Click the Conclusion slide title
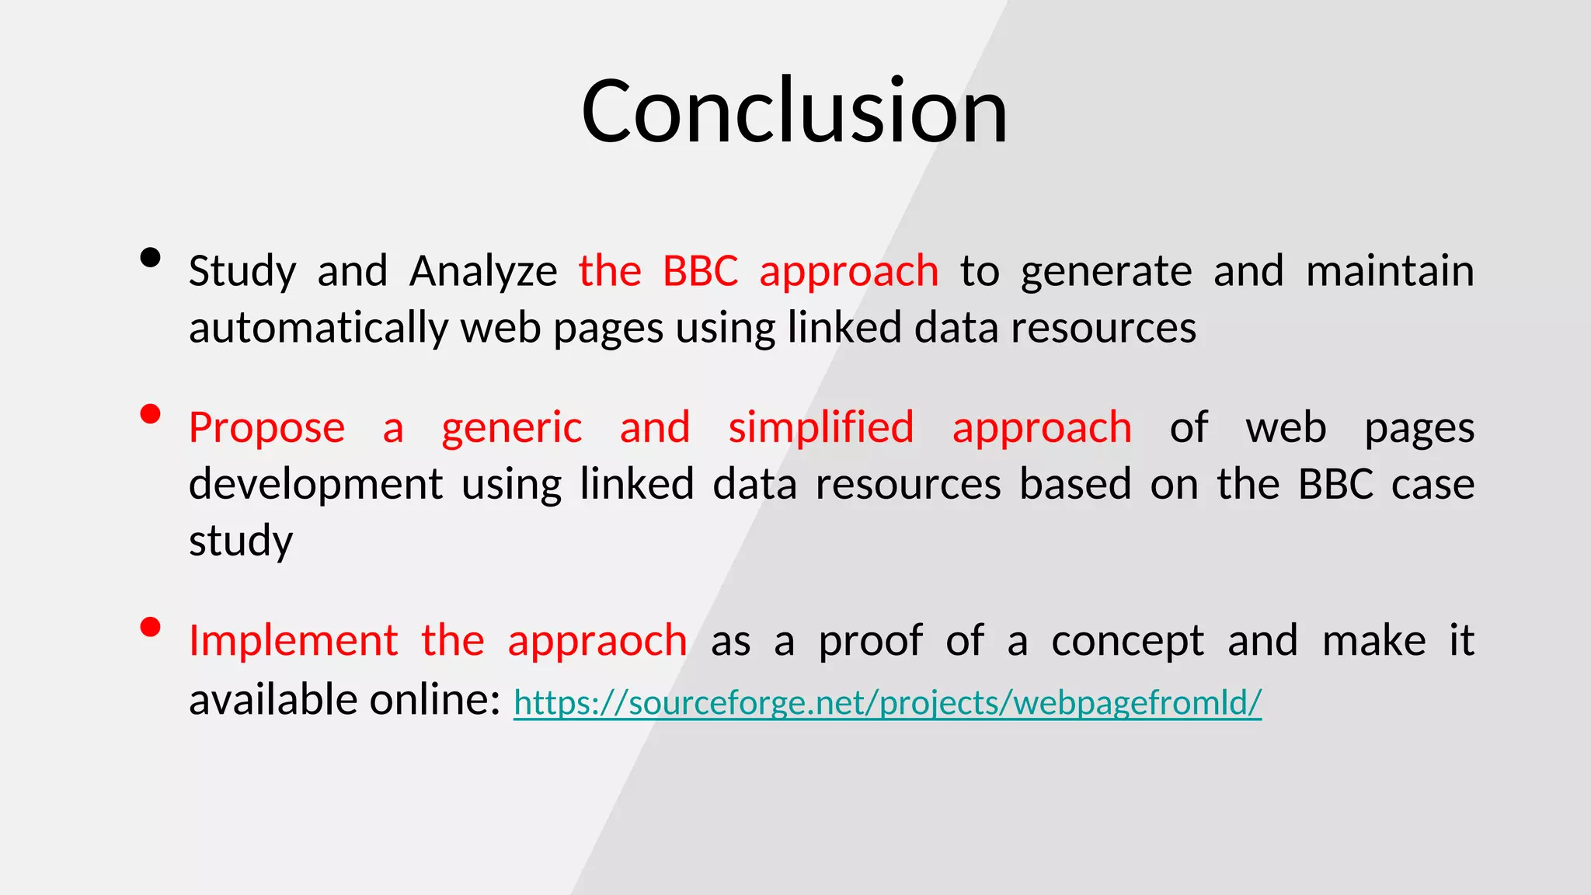pos(794,111)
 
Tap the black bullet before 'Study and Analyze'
pos(150,258)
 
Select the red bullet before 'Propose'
pos(150,414)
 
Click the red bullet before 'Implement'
pos(150,627)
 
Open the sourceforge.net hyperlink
pos(887,702)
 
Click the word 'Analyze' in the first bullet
pos(483,271)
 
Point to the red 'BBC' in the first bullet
pos(700,271)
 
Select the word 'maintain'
pos(1390,271)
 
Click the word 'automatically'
pos(319,328)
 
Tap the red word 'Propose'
pos(266,428)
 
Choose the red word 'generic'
pos(511,428)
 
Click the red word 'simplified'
pos(821,428)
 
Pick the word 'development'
pos(315,485)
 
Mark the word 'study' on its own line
pos(241,541)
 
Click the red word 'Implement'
pos(294,641)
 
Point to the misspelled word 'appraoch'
pos(597,641)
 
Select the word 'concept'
pos(1127,641)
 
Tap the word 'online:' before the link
pos(435,699)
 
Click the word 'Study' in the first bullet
pos(242,271)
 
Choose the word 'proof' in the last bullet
pos(870,641)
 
